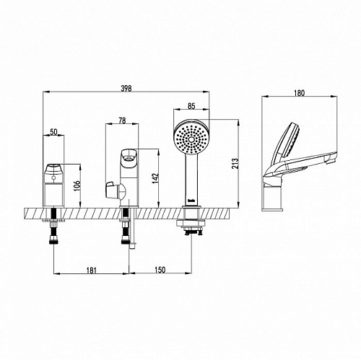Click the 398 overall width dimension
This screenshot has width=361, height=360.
[126, 89]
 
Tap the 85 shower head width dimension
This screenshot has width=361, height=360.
[191, 106]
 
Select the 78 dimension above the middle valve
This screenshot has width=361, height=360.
[122, 120]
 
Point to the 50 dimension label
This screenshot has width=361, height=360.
[53, 132]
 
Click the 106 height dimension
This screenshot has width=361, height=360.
[77, 185]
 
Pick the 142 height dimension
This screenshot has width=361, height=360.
[155, 178]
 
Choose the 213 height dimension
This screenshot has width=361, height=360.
[235, 164]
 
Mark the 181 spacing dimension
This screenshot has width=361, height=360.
[91, 271]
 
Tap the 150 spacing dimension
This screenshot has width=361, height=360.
[160, 270]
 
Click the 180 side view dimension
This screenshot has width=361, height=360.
[300, 93]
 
